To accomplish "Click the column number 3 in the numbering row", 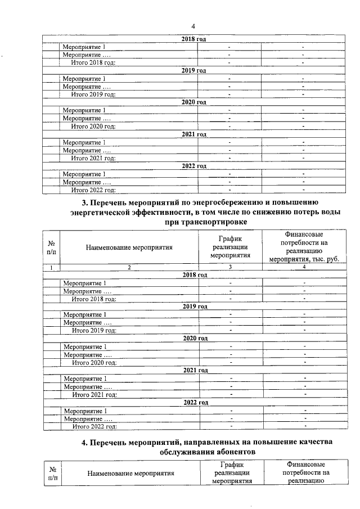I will tap(229, 267).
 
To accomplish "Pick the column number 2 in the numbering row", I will tap(129, 267).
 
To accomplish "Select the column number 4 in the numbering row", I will tap(304, 267).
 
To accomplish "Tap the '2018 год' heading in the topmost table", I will tap(194, 39).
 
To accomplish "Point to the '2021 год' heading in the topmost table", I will tap(194, 134).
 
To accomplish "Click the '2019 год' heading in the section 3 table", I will tap(195, 307).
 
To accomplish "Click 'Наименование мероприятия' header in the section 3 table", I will tap(129, 246).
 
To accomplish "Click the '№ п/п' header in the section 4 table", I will tap(52, 472).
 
